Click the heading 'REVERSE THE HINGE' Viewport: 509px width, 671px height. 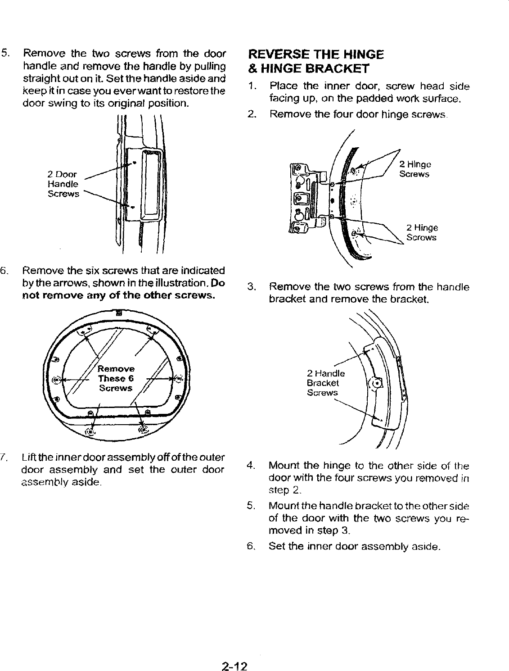coord(316,55)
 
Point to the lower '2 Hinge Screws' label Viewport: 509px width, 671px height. coord(421,232)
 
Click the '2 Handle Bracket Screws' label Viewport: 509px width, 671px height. coord(325,383)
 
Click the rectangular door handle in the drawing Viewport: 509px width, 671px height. coord(150,185)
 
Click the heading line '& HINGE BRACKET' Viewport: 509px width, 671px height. coord(309,69)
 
